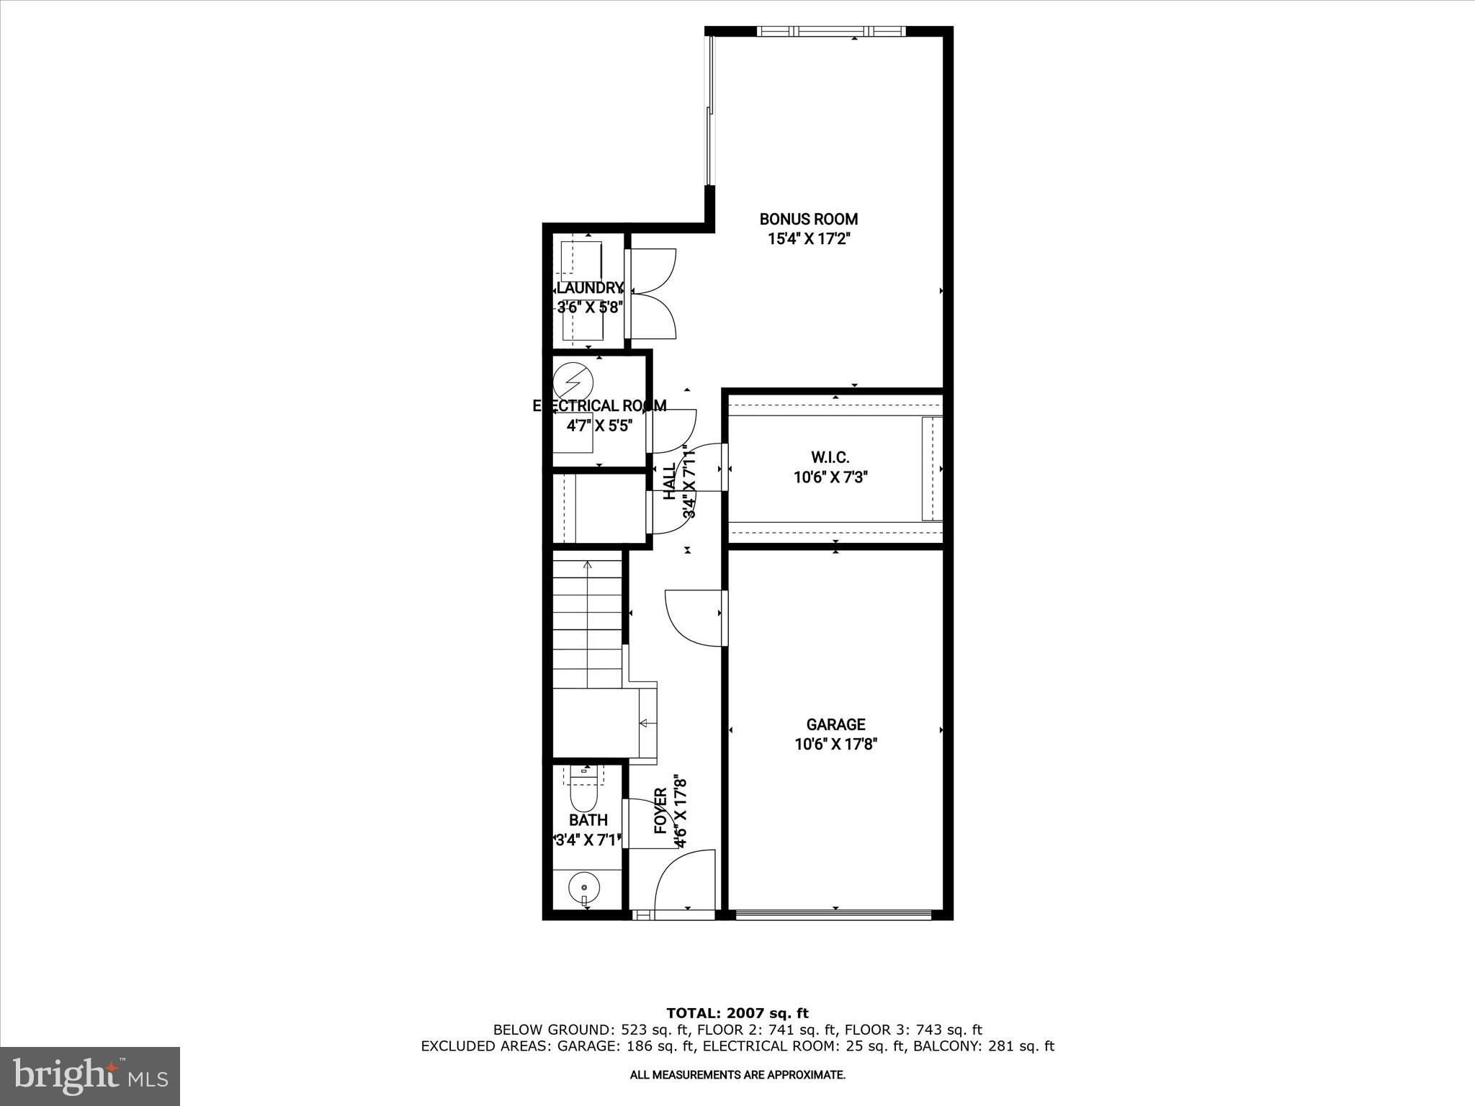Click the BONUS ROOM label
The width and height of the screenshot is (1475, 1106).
(809, 219)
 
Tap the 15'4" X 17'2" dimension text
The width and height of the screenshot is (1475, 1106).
(809, 239)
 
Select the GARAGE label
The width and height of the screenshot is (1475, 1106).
(835, 724)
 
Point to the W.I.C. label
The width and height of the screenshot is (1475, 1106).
(830, 457)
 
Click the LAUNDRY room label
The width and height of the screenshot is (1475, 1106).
(590, 288)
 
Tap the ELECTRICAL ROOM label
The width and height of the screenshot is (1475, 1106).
(599, 406)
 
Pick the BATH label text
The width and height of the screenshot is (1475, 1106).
(588, 820)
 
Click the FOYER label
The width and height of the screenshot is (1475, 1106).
(660, 811)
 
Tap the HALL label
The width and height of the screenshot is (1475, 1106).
(670, 481)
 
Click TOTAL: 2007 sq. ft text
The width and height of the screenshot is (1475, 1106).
(737, 1014)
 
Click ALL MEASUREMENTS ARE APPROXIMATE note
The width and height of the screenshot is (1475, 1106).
(737, 1075)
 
